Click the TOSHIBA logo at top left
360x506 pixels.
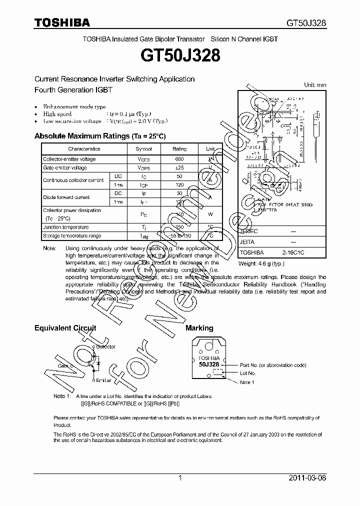point(62,22)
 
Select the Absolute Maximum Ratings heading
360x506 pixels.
point(99,136)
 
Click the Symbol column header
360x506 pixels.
point(143,149)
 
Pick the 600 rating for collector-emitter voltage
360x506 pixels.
point(179,159)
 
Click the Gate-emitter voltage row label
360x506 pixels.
point(65,168)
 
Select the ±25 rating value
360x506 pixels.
point(179,168)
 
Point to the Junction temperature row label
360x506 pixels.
point(66,227)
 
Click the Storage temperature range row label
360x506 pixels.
point(72,235)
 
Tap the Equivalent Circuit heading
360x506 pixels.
point(65,328)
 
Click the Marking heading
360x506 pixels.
point(199,328)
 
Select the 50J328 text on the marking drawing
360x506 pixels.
point(208,365)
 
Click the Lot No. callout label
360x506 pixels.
point(248,373)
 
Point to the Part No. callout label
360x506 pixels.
point(273,365)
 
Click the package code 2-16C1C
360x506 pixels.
point(292,253)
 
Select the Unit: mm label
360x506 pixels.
point(315,85)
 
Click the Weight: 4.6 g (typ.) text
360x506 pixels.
point(261,263)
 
